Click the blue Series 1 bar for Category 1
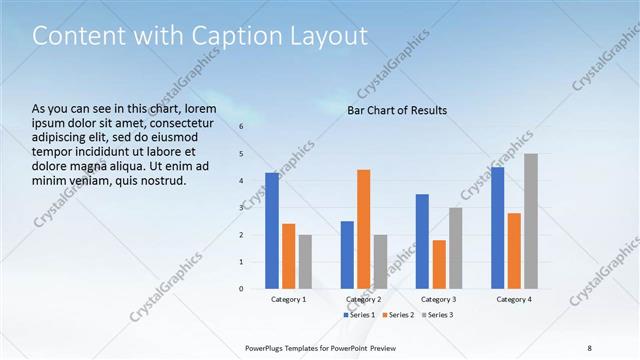coord(272,230)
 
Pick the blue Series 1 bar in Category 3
coord(422,241)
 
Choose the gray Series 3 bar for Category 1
coord(305,261)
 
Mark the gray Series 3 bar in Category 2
coord(380,261)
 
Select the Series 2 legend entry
coord(397,315)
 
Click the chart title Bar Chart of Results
coord(397,110)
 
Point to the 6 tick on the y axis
coord(241,126)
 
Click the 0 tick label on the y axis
coord(241,288)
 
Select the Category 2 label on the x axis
coord(363,299)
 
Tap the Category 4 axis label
coord(514,299)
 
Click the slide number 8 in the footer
coord(589,347)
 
